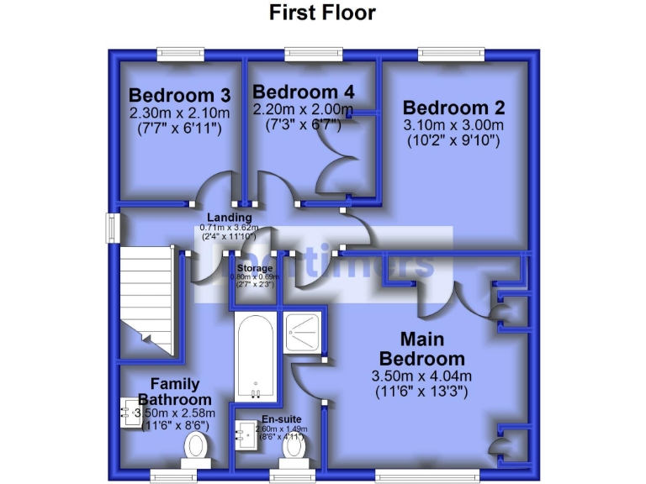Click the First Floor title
pos(322,13)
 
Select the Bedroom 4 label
pos(304,91)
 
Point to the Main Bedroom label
pos(432,349)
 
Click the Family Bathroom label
pos(175,392)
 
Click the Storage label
pos(254,268)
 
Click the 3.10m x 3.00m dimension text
pos(453,126)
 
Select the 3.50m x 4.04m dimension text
pos(421,376)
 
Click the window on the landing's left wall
pos(111,229)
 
